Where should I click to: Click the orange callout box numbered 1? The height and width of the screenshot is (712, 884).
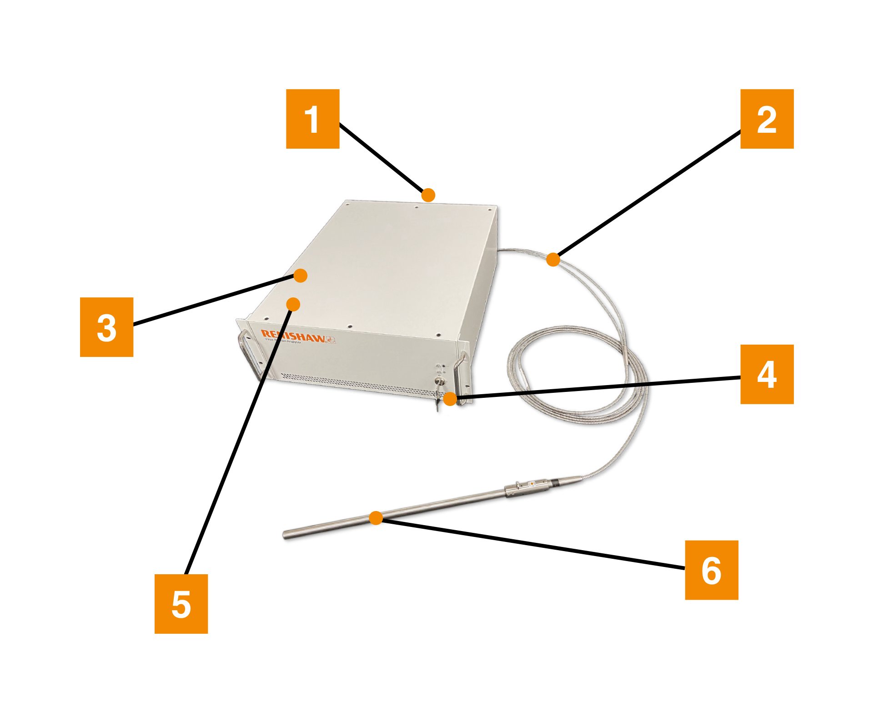coord(312,119)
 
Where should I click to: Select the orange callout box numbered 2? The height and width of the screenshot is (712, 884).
coord(767,119)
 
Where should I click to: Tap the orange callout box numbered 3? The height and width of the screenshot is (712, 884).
coord(106,327)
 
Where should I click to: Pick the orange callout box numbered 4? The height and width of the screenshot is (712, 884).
coord(767,374)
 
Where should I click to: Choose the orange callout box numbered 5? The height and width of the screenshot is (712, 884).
coord(181,603)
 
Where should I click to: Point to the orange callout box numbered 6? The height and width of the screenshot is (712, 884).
coord(711,570)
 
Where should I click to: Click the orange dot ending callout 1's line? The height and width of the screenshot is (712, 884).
coord(428,195)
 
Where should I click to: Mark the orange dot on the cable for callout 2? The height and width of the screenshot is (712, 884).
coord(553,260)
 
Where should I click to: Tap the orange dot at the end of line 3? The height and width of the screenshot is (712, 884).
coord(300,276)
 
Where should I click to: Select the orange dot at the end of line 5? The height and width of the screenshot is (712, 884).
coord(293,304)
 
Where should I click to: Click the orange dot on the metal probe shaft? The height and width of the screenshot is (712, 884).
coord(376,518)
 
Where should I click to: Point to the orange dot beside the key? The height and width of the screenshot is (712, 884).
coord(450,399)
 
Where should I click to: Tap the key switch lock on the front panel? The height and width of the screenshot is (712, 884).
coord(439,382)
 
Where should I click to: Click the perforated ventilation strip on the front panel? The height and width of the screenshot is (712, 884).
coord(355,383)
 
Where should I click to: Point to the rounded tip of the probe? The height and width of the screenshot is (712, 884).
coord(286,535)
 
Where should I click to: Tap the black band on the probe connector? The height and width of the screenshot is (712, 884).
coord(555,484)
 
